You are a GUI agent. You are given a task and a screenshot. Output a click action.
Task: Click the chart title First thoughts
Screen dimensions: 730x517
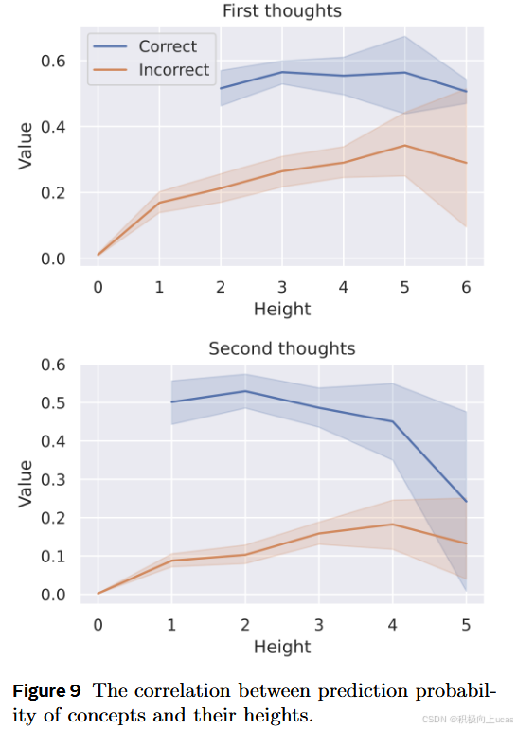coord(281,11)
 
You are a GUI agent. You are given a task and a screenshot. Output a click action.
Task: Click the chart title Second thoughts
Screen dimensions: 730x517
coord(281,348)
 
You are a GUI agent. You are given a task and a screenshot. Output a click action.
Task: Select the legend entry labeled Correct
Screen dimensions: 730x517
coord(167,46)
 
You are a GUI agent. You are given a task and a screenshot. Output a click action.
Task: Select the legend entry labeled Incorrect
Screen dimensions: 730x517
coord(174,70)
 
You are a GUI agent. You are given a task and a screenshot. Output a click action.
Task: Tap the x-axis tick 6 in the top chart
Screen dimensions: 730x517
coord(465,286)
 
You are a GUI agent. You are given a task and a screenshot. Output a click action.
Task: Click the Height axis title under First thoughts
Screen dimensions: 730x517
coord(281,309)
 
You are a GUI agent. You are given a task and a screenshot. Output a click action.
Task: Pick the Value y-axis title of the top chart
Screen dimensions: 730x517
coord(27,146)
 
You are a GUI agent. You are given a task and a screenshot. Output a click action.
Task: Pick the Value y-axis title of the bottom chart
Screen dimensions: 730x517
coord(27,483)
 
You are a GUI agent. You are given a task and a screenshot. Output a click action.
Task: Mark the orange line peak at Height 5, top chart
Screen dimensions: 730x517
coord(404,146)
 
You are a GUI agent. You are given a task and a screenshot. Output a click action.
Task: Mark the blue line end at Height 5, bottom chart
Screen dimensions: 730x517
coord(465,502)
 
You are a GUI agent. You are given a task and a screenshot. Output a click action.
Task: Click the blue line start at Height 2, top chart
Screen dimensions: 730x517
coord(221,89)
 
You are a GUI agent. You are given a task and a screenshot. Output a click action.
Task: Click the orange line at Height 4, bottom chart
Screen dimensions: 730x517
coord(392,525)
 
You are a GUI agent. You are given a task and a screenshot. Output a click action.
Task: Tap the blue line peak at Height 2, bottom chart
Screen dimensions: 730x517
coord(245,391)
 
